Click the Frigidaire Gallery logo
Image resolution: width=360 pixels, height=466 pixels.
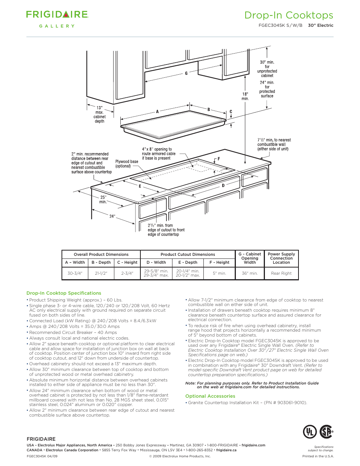coord(57,19)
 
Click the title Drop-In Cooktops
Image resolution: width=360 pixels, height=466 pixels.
coord(289,15)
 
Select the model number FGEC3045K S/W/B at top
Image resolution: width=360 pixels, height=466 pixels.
coord(280,26)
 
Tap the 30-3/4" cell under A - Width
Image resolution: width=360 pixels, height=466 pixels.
coord(75,273)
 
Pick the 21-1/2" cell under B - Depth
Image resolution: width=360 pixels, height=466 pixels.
coord(101,273)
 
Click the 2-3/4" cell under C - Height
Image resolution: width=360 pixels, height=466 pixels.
coord(127,273)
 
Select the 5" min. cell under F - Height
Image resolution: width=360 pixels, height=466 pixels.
coord(219,273)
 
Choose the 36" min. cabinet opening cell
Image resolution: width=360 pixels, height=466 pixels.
coord(249,273)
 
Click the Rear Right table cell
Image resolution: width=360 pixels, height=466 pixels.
coord(281,273)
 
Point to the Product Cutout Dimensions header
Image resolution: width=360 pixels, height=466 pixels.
coord(188,254)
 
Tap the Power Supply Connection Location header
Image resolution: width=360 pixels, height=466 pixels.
coord(281,258)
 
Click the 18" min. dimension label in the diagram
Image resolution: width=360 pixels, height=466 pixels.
coord(245,96)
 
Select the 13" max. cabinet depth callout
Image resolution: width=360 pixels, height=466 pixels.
coord(100,114)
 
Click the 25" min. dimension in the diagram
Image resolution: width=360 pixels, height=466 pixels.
coord(103,200)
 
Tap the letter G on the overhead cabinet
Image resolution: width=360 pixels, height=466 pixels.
coord(186,74)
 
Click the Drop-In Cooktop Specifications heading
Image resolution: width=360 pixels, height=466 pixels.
coord(64,293)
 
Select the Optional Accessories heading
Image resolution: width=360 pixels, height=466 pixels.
coord(210,396)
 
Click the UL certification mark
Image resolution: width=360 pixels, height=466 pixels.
coord(310,432)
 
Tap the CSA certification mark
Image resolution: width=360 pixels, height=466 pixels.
coord(326,432)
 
